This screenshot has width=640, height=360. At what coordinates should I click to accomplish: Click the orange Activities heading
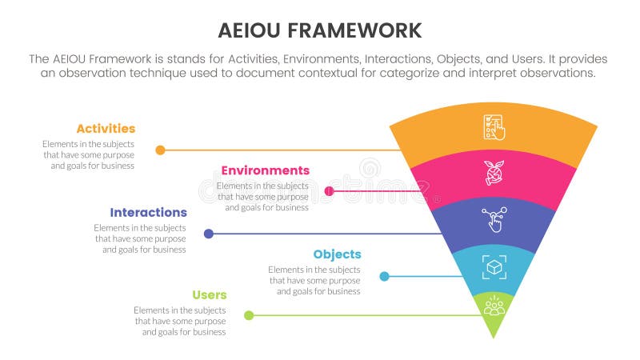pos(106,129)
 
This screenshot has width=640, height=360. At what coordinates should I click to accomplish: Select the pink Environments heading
pos(265,170)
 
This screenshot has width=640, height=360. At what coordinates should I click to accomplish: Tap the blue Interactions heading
pos(148,213)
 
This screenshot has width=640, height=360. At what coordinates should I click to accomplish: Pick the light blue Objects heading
pos(337,254)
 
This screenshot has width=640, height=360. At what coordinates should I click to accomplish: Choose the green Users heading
pos(209,295)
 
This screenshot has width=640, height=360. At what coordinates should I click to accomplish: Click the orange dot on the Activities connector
pos(161,150)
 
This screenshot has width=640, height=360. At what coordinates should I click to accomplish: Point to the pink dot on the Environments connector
pos(330,191)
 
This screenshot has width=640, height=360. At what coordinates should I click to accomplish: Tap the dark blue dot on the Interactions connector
pos(209,234)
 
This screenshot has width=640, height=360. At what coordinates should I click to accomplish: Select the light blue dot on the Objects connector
pos(385,276)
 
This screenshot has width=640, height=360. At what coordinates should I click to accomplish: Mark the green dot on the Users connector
pos(249,315)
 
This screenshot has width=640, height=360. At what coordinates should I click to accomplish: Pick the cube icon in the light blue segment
pos(494,266)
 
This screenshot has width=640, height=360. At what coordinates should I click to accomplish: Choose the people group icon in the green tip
pos(494,306)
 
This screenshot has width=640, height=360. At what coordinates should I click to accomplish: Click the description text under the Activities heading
pos(88,154)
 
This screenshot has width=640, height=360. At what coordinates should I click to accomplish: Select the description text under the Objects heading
pos(314,281)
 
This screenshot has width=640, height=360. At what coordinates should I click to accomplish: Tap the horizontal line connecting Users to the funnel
pos(368,315)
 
